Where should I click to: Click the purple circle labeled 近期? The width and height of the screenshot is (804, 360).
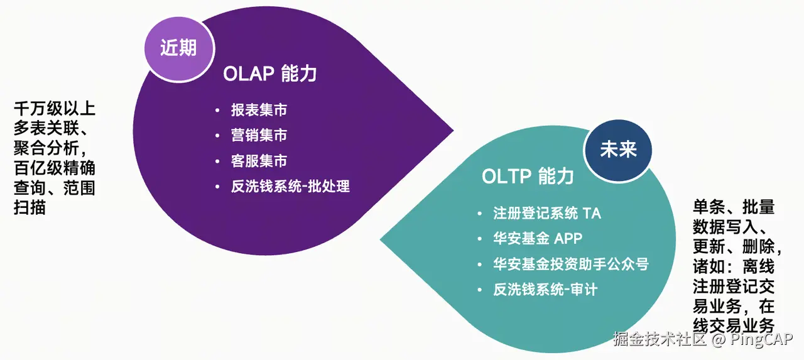coord(178,48)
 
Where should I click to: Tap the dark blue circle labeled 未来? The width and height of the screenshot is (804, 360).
coord(618,150)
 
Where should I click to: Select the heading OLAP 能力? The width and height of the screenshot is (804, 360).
coord(269,74)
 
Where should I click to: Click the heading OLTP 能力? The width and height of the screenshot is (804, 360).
coord(528,177)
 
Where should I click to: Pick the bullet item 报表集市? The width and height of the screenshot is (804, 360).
coord(259,111)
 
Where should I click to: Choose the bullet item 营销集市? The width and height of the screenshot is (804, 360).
coord(259,136)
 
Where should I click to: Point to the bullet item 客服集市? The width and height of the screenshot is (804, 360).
coord(259,161)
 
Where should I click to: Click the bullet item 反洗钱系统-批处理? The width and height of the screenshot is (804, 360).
coord(290,187)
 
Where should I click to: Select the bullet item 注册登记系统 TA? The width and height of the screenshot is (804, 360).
coord(547,214)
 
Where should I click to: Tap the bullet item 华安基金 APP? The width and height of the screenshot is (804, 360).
coord(538,239)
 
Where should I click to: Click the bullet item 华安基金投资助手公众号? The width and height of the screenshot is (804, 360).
coord(570,264)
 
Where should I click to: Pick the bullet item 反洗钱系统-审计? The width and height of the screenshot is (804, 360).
coord(545,290)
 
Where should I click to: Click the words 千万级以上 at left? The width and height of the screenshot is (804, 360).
coord(55,109)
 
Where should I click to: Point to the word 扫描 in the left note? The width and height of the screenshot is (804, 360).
coord(30,208)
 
